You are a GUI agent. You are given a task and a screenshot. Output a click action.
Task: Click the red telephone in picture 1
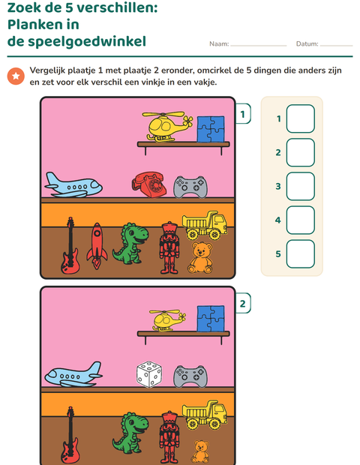tap(148, 184)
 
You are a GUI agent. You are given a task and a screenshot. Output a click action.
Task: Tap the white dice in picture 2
tap(148, 374)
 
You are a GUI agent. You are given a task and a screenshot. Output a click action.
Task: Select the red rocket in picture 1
tap(97, 246)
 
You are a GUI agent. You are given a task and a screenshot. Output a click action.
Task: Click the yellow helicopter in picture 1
tap(167, 127)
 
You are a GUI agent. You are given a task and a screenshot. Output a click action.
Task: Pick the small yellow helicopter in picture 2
tap(168, 320)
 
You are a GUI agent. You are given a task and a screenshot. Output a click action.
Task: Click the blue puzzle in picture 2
tap(211, 319)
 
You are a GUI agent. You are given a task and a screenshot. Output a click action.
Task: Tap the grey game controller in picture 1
tap(190, 187)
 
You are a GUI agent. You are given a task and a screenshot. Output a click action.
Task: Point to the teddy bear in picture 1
tap(200, 257)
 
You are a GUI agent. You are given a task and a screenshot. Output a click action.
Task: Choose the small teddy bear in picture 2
tap(200, 451)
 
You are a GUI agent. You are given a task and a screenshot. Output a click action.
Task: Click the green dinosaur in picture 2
tap(130, 433)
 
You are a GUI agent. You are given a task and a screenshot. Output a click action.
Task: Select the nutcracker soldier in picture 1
tap(169, 247)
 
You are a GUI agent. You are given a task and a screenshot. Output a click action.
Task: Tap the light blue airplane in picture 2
tap(73, 374)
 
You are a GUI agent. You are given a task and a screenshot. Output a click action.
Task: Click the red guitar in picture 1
tap(70, 245)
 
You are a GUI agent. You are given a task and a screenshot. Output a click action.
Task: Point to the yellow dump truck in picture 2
tap(205, 415)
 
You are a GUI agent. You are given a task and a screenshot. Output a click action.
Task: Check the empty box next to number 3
tap(301, 186)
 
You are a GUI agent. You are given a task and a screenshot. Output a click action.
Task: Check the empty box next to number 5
tap(301, 253)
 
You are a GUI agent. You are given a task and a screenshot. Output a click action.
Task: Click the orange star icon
tap(16, 76)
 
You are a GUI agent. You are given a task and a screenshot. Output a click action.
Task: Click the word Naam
tap(219, 44)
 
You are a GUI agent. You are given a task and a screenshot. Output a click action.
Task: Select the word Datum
tap(307, 44)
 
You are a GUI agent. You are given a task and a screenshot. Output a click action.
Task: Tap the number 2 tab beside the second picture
tap(243, 304)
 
